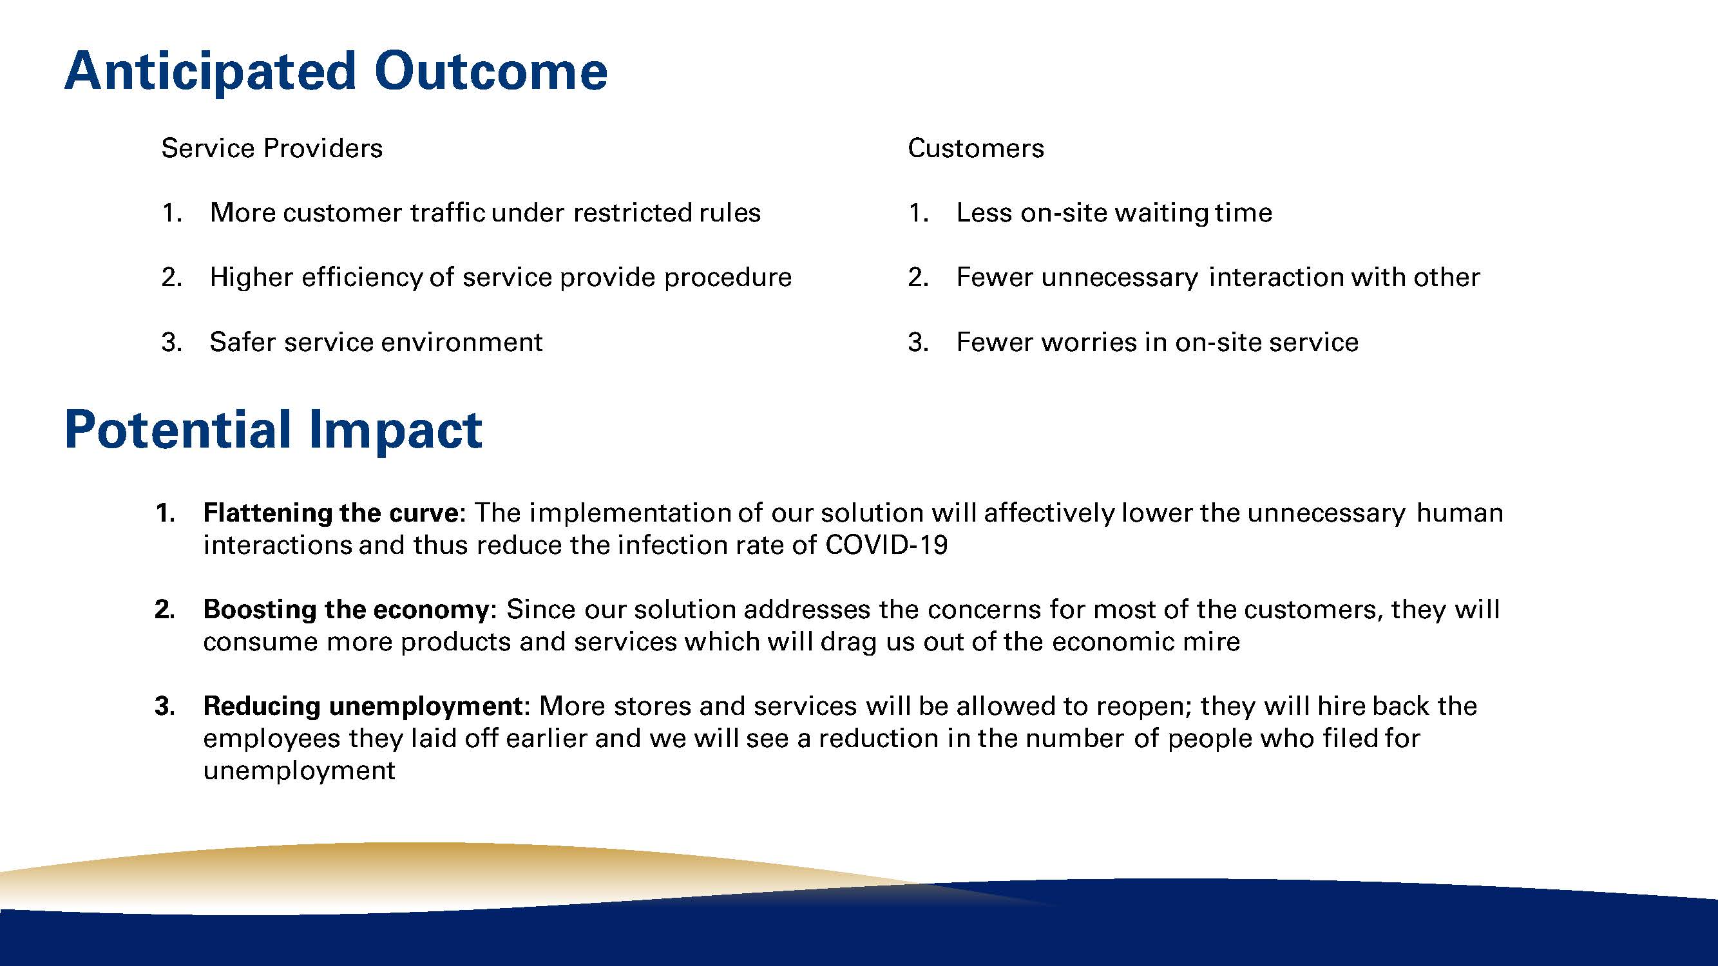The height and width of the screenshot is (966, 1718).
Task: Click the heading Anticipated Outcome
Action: (336, 72)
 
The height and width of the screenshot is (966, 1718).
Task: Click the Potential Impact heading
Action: (273, 431)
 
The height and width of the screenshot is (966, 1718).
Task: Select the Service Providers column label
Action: (272, 148)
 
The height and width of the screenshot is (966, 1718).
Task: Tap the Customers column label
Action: (976, 148)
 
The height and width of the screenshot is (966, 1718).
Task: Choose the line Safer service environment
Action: (376, 342)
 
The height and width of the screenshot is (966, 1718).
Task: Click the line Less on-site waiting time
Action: (1114, 213)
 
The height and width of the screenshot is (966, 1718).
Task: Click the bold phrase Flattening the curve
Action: (331, 513)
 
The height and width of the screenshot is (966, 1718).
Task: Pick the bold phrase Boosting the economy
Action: (346, 609)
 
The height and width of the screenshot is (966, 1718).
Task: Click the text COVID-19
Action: (886, 545)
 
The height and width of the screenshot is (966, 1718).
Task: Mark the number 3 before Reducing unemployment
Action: (164, 706)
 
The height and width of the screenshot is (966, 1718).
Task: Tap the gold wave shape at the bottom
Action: (467, 873)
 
